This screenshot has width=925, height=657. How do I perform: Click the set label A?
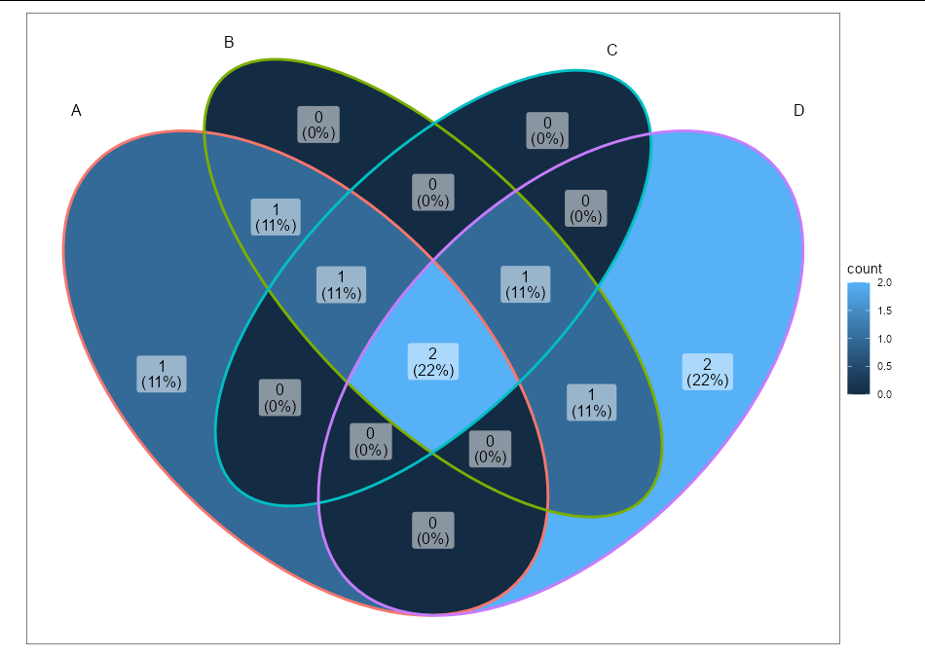[76, 110]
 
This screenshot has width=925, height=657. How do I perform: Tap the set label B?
[229, 42]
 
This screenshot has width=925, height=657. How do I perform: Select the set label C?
[611, 51]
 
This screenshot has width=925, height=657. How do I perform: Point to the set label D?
[798, 110]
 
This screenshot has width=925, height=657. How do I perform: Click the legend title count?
[865, 269]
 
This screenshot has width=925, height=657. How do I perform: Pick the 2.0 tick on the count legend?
[884, 282]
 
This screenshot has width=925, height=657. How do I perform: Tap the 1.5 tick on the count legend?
[884, 310]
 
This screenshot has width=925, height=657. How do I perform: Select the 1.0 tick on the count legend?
[884, 339]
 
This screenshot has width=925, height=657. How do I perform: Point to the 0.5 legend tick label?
[884, 366]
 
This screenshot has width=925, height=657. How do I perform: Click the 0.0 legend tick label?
[884, 394]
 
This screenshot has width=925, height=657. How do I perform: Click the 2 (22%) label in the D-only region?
[707, 372]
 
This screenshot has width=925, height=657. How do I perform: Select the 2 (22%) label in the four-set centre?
[433, 361]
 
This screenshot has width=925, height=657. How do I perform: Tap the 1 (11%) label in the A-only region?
[162, 374]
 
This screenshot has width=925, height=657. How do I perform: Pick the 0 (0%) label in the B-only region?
[318, 125]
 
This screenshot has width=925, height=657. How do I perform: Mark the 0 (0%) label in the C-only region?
[547, 130]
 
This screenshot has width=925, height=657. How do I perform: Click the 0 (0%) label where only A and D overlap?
[433, 530]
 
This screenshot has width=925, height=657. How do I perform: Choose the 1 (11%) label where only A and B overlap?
[276, 217]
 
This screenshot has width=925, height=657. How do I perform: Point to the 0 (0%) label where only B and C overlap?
[433, 193]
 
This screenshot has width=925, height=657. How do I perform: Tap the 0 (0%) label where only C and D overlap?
[585, 208]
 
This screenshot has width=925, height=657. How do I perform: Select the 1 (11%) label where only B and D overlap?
[591, 402]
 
